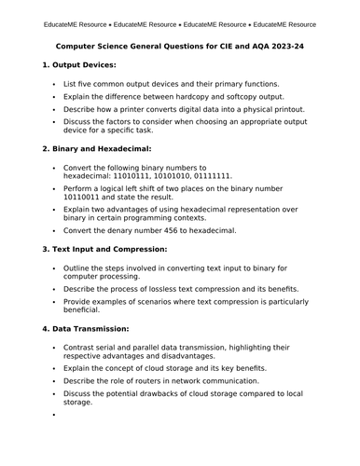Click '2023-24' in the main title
pyautogui.click(x=282, y=45)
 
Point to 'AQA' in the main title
pyautogui.click(x=247, y=45)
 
